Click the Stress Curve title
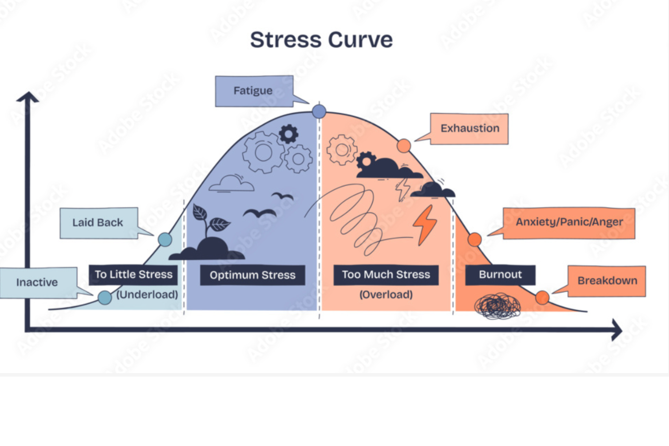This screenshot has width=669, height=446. [321, 40]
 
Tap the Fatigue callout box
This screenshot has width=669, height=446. [254, 91]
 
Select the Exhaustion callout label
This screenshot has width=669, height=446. [469, 128]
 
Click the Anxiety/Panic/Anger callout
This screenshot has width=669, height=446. [569, 223]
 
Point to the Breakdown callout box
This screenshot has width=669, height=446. [607, 281]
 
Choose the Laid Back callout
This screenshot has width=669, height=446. [98, 223]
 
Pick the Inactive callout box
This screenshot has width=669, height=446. [38, 282]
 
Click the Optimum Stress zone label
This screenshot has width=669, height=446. [252, 275]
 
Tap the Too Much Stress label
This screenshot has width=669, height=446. [386, 275]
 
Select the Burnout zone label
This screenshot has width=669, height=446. [500, 275]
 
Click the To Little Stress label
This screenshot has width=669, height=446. [133, 275]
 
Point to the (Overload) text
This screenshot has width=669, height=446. [386, 294]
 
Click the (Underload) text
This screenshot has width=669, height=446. [147, 294]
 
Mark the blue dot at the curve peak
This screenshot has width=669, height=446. [319, 111]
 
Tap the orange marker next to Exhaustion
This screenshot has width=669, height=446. [404, 146]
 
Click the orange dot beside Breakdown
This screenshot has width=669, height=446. [542, 297]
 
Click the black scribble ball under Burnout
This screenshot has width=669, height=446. [498, 306]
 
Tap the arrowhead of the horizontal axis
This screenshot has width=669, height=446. [616, 330]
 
